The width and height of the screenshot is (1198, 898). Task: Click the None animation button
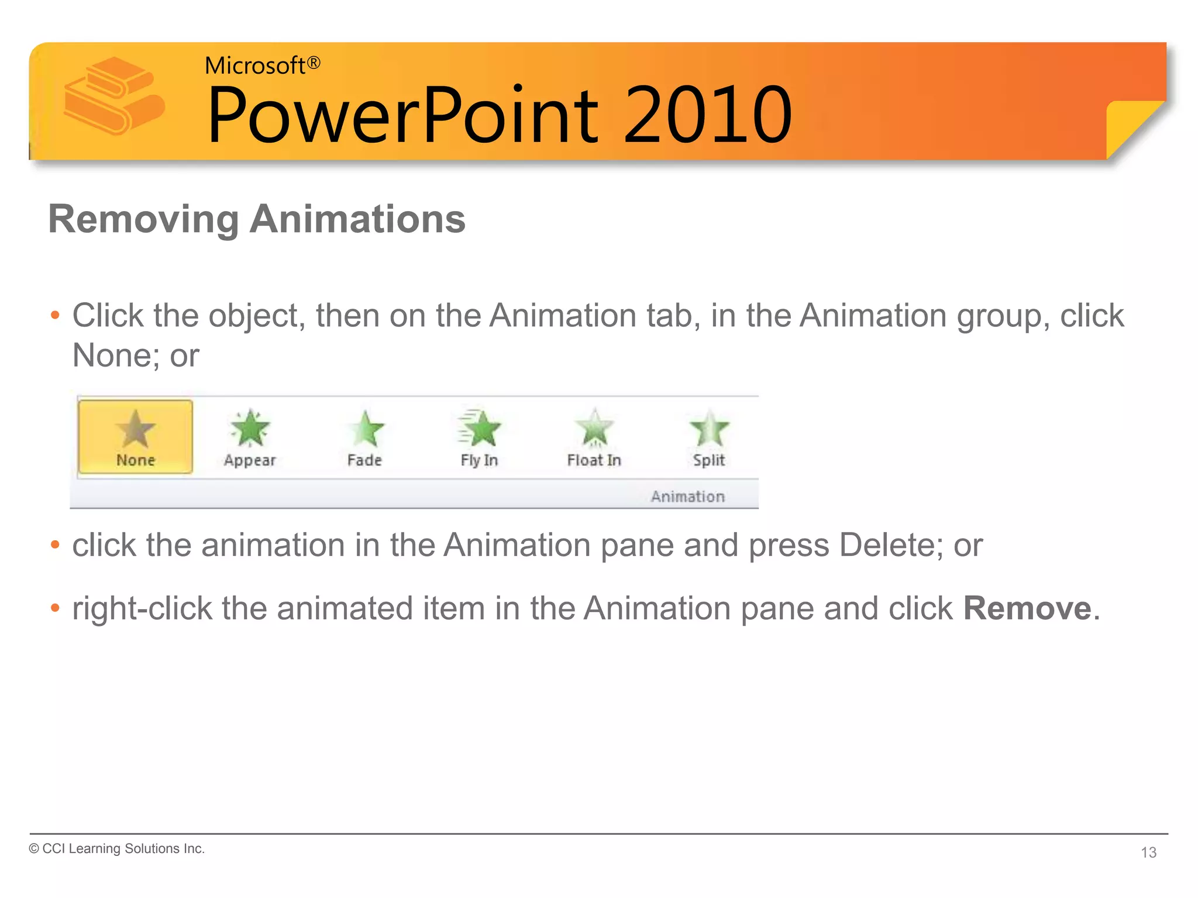click(135, 437)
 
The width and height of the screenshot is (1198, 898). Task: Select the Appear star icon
click(250, 429)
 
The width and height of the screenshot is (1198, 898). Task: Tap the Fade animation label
click(364, 461)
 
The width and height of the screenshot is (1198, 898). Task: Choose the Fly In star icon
click(480, 429)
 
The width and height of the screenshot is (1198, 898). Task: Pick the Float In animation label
click(594, 461)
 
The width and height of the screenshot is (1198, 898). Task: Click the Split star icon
click(709, 429)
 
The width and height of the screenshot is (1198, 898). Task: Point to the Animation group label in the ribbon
click(688, 497)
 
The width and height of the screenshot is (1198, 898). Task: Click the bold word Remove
click(1027, 609)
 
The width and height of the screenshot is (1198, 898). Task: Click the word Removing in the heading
click(143, 220)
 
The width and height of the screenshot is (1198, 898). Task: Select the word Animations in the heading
click(357, 220)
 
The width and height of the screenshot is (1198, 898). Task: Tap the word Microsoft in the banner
click(255, 65)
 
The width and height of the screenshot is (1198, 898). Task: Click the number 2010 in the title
click(708, 115)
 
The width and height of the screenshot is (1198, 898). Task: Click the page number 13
click(1148, 852)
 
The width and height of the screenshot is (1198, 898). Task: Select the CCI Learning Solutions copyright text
click(117, 849)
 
